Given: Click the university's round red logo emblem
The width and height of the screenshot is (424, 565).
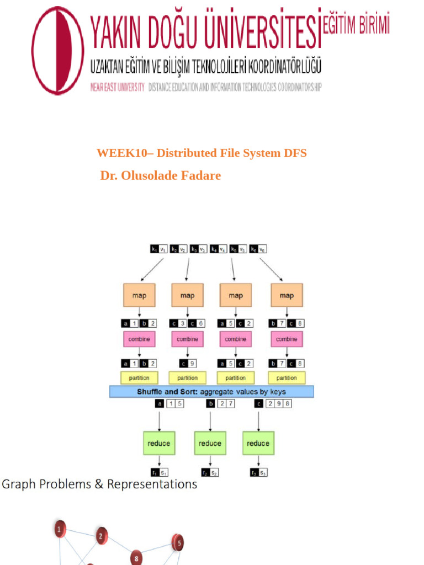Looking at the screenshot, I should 58,51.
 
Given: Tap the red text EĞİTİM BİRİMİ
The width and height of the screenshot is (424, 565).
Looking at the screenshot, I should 356,25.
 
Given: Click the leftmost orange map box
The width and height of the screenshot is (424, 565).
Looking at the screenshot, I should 139,295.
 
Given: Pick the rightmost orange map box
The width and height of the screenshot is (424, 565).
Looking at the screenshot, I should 287,295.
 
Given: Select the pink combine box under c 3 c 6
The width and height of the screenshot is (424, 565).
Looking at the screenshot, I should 187,339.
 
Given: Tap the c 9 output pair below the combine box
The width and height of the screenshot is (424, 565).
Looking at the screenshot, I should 187,364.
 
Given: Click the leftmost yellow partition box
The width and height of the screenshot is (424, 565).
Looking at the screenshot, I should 139,378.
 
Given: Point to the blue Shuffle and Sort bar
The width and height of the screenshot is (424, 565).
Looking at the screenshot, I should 211,392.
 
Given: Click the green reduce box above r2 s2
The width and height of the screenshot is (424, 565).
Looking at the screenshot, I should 210,443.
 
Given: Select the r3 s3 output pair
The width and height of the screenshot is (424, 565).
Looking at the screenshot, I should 258,473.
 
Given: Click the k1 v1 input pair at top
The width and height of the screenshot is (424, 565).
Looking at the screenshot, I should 159,249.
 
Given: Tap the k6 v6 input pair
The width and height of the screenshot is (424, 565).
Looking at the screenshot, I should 258,249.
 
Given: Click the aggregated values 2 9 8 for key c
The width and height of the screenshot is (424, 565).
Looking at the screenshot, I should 279,404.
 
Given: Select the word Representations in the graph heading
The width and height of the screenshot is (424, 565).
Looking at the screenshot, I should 152,484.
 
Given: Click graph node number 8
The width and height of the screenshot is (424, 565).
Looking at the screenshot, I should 136,557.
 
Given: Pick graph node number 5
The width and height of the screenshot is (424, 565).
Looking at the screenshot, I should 178,542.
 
